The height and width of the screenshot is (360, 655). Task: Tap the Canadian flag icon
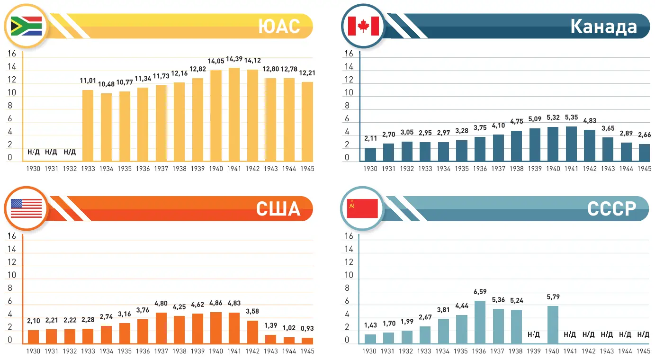(x=363, y=26)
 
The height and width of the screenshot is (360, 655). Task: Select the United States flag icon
(x=26, y=208)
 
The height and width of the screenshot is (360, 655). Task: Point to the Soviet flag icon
(x=362, y=208)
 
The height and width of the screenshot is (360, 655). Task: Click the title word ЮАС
(x=279, y=27)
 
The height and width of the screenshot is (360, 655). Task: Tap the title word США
(x=278, y=208)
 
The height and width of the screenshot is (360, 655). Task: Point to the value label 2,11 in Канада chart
(x=370, y=139)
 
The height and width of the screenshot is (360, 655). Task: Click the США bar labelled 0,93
(x=307, y=340)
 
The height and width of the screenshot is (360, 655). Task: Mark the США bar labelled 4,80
(x=161, y=328)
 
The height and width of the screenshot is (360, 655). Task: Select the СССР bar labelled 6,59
(x=480, y=322)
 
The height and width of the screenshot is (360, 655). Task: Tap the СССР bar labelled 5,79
(x=553, y=324)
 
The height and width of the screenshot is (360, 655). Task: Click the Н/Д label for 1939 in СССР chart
(x=534, y=334)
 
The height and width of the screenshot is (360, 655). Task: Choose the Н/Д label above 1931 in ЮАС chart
(x=51, y=152)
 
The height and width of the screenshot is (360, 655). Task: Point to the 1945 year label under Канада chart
(x=644, y=169)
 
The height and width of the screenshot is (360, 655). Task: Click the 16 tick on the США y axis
(x=12, y=236)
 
